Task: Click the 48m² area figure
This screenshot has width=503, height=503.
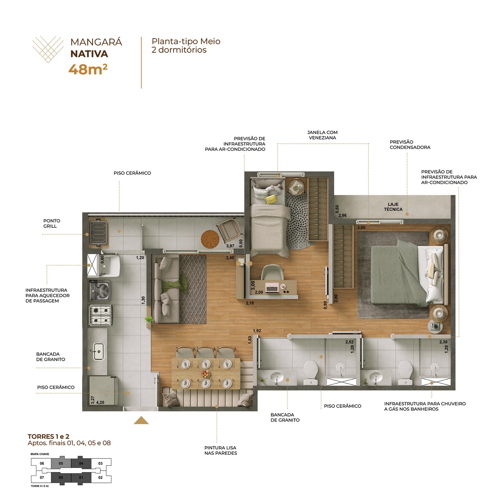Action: click(88, 70)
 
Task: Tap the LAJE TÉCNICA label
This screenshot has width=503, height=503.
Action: click(393, 207)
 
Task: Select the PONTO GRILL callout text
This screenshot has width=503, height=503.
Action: click(52, 223)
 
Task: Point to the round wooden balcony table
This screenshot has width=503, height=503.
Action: click(210, 239)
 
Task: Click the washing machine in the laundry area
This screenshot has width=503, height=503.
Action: click(100, 291)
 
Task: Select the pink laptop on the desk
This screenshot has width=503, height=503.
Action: click(272, 287)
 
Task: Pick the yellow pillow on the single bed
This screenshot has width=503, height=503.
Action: click(271, 199)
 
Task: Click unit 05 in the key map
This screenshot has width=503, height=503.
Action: click(61, 463)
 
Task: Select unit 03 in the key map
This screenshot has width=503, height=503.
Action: click(101, 463)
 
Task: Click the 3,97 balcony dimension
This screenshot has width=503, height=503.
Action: click(230, 246)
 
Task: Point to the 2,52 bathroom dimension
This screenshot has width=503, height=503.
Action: click(349, 342)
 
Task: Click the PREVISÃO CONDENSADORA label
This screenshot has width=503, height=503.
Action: click(410, 145)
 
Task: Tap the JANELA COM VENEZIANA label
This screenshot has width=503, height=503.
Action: click(322, 135)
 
